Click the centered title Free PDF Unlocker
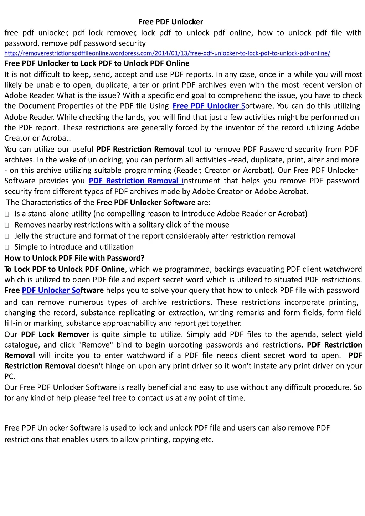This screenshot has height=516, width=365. click(170, 22)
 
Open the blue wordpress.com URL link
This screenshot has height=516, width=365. click(167, 53)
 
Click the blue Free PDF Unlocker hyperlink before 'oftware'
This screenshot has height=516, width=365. click(208, 106)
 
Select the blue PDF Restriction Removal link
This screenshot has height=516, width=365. click(135, 181)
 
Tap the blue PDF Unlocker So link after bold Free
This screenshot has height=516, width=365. click(51, 290)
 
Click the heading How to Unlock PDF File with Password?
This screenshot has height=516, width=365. click(74, 258)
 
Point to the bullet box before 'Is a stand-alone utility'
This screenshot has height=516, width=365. click(7, 214)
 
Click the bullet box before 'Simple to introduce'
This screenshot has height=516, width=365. click(7, 247)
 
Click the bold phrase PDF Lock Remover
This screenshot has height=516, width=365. click(55, 334)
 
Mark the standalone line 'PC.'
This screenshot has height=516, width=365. click(10, 376)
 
